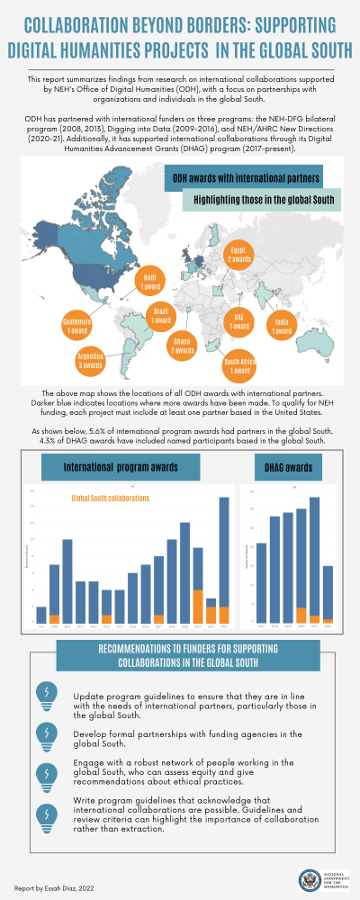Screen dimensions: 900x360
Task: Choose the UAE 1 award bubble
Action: pyautogui.click(x=238, y=320)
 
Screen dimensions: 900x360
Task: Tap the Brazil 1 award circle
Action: pyautogui.click(x=160, y=316)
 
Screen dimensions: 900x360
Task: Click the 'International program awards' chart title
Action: pyautogui.click(x=121, y=468)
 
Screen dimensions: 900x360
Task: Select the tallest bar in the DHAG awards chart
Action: pyautogui.click(x=314, y=559)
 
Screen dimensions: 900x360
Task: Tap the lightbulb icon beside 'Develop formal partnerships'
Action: pyautogui.click(x=42, y=734)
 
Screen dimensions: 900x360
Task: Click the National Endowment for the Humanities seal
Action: pyautogui.click(x=309, y=878)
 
